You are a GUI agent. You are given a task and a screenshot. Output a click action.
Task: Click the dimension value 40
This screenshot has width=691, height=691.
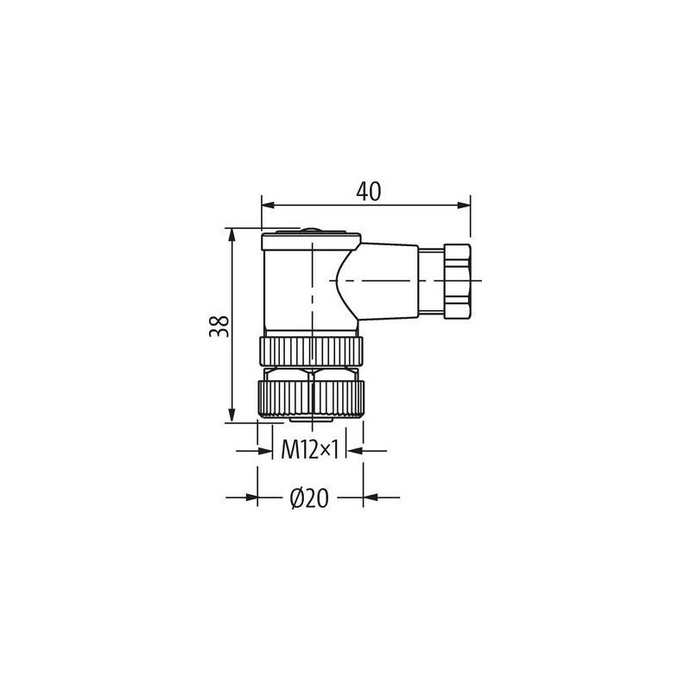coord(369,192)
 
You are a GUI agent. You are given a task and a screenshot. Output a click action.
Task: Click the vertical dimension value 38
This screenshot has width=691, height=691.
coord(220,324)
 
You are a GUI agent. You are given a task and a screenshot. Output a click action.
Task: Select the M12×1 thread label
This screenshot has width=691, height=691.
coord(309,448)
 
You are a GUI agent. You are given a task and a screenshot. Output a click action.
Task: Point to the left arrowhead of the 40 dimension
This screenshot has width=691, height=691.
coord(268,206)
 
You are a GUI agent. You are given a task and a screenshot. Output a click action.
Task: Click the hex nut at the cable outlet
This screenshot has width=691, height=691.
coord(456,281)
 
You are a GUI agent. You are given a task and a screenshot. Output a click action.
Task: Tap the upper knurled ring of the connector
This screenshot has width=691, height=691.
coord(310,349)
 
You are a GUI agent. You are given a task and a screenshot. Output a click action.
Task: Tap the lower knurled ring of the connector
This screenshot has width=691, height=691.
coord(310,398)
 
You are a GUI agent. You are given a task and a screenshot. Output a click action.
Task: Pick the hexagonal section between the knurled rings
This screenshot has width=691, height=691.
coord(310,372)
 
